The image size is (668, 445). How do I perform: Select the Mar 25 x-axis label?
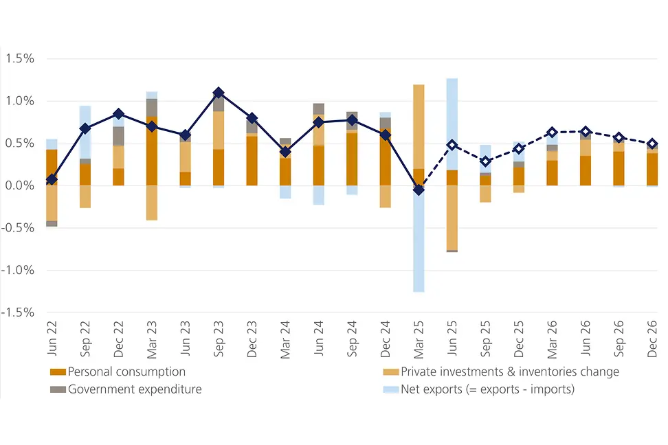click(x=419, y=339)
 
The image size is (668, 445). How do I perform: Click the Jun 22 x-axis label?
click(x=52, y=339)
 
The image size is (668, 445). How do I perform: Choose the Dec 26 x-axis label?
click(x=652, y=339)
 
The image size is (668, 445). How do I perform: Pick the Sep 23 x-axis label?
click(x=218, y=339)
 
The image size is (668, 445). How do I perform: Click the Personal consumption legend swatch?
click(x=58, y=372)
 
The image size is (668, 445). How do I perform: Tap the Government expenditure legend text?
click(x=135, y=389)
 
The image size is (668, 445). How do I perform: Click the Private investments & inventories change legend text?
click(x=510, y=372)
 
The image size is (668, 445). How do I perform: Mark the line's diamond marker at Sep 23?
click(x=218, y=93)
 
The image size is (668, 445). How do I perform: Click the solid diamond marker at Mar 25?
click(x=419, y=190)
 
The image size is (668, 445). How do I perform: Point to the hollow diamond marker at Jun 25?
click(x=452, y=145)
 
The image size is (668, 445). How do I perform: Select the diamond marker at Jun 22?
click(x=52, y=180)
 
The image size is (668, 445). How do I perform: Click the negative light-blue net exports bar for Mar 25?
click(x=419, y=240)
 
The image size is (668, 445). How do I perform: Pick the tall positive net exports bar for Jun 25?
click(x=452, y=124)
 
